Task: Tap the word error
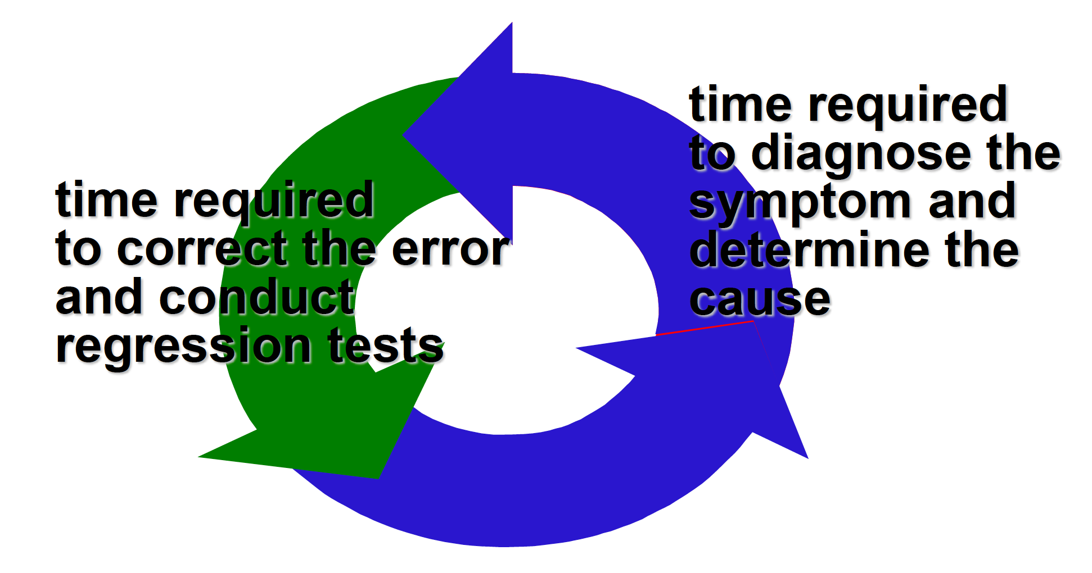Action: (x=450, y=249)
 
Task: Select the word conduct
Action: (x=257, y=298)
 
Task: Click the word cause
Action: (x=760, y=299)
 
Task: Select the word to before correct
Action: (x=78, y=249)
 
